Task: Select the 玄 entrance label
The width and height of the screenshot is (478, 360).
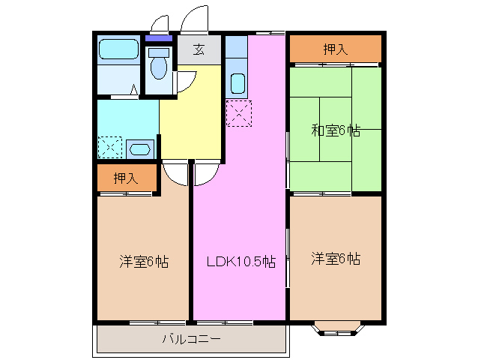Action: (x=199, y=50)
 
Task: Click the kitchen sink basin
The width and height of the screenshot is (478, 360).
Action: (x=238, y=82)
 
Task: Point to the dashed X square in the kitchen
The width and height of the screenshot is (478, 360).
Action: (x=240, y=113)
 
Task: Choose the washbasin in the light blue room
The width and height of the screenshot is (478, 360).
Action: (x=140, y=148)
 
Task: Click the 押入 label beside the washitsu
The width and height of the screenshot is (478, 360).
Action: (x=335, y=50)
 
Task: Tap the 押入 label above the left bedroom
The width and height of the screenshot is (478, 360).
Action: (x=125, y=178)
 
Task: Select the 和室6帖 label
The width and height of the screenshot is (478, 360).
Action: (x=335, y=130)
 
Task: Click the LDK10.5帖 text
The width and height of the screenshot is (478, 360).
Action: (x=240, y=262)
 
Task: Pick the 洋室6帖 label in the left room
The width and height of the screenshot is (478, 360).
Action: (x=143, y=262)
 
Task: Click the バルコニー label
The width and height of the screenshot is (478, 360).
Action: (x=191, y=339)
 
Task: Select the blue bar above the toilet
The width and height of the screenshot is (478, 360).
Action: (x=158, y=39)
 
